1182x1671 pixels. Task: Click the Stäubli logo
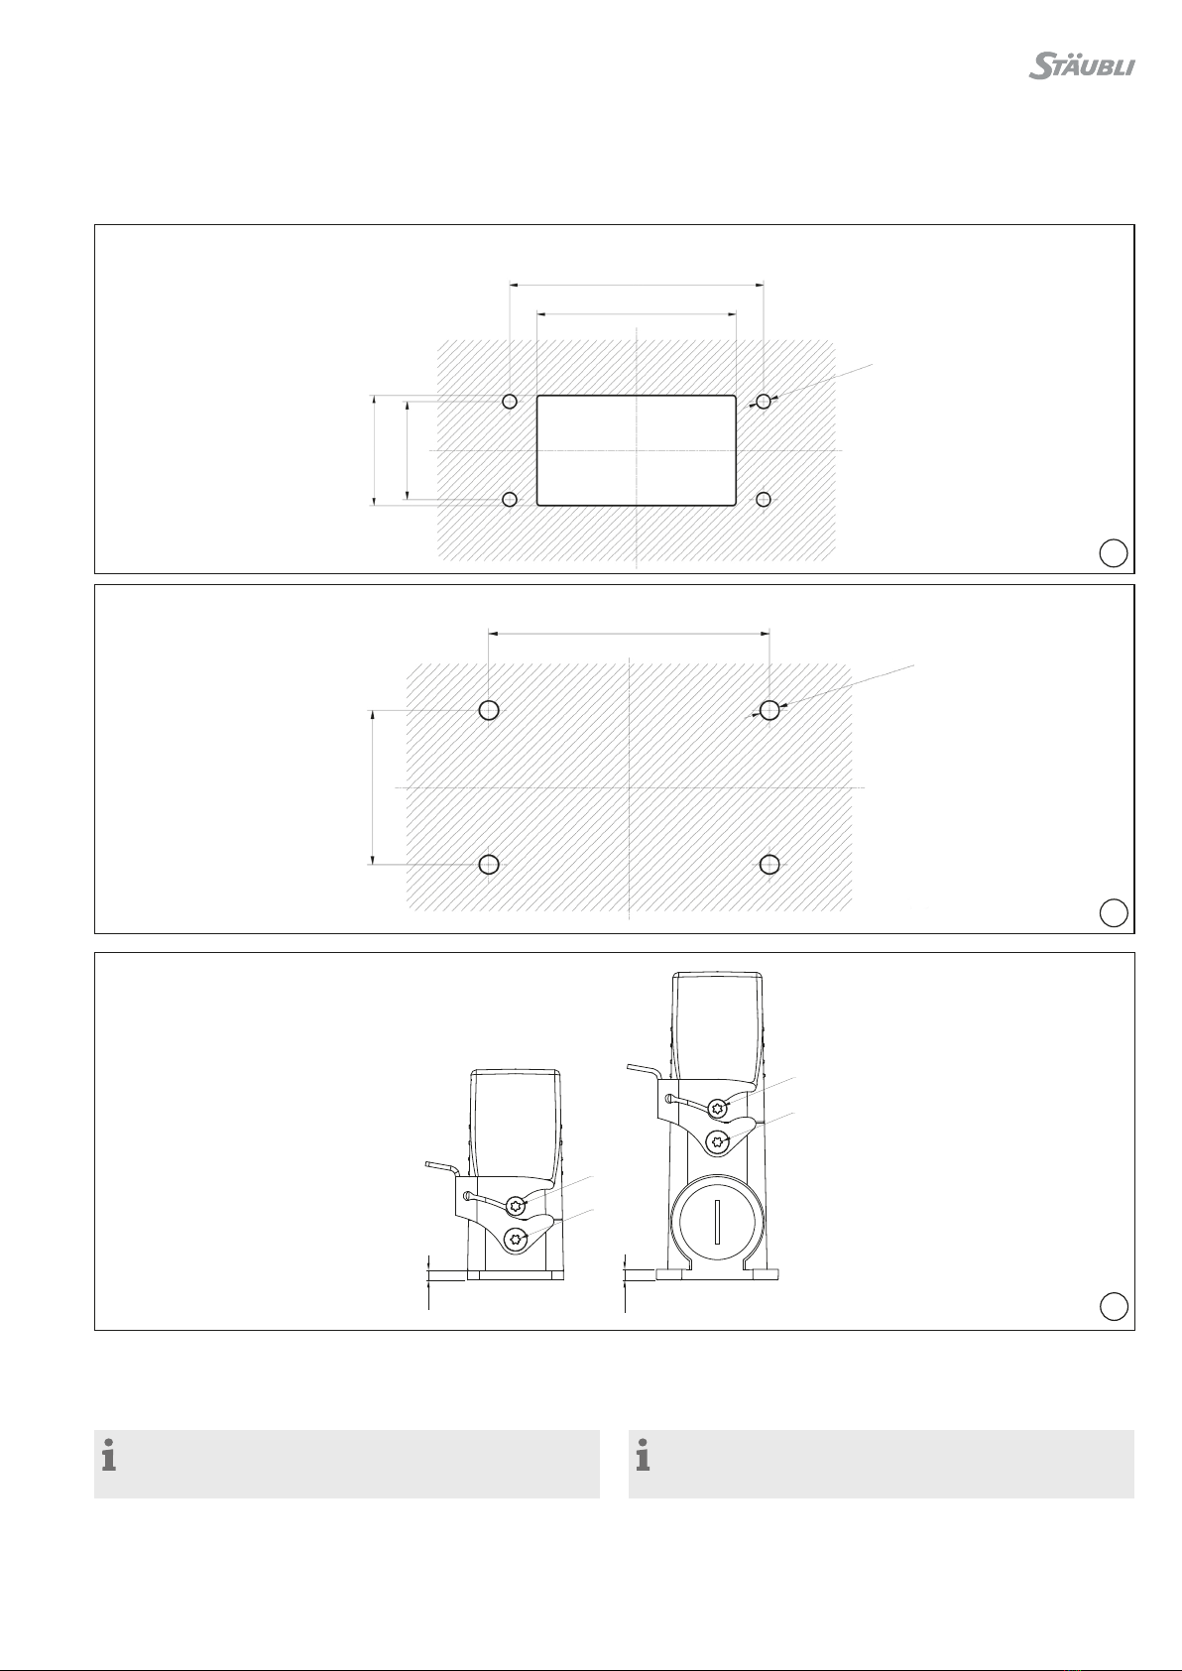click(x=1082, y=66)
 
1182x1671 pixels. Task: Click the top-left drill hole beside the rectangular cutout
click(x=510, y=402)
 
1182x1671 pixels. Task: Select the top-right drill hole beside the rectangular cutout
click(x=763, y=402)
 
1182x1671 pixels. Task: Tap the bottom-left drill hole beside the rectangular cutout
click(x=510, y=499)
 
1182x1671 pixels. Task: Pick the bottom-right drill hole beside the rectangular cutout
click(x=763, y=499)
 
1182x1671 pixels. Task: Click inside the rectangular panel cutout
click(x=636, y=450)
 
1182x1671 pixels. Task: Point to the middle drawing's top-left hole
click(x=489, y=710)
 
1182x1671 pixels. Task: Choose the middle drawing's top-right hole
click(x=769, y=710)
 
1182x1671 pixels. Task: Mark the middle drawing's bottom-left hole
click(x=489, y=865)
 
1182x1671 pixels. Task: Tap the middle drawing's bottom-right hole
click(x=769, y=865)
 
